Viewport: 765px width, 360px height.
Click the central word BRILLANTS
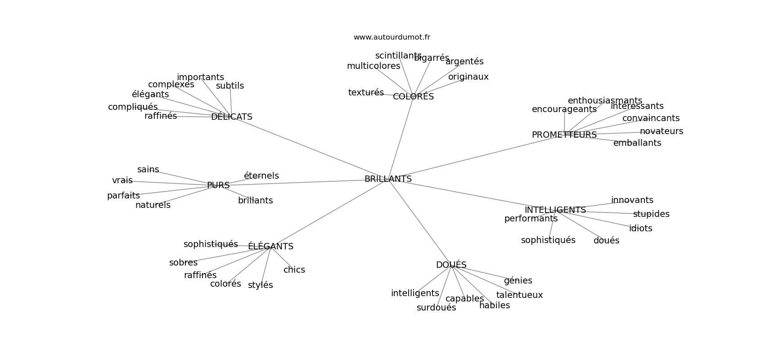388,179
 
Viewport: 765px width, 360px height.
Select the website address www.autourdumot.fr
391,37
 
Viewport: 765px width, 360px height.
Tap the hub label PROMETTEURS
564,135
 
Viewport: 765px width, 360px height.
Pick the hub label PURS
218,185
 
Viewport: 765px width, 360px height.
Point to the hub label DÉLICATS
231,117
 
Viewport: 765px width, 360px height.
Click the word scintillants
398,56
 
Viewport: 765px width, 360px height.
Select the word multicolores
373,66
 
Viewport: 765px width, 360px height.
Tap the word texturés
366,93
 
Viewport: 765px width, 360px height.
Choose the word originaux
468,77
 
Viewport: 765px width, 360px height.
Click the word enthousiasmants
605,101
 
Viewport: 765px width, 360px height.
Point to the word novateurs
661,131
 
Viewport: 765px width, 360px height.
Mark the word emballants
637,143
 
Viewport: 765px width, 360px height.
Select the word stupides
651,214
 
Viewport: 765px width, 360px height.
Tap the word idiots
640,229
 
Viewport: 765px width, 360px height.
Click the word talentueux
519,295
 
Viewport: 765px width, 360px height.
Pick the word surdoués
436,308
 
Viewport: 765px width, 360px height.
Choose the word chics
294,270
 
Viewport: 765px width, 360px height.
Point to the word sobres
183,263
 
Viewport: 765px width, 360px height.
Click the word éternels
261,176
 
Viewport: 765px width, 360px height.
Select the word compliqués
133,107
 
